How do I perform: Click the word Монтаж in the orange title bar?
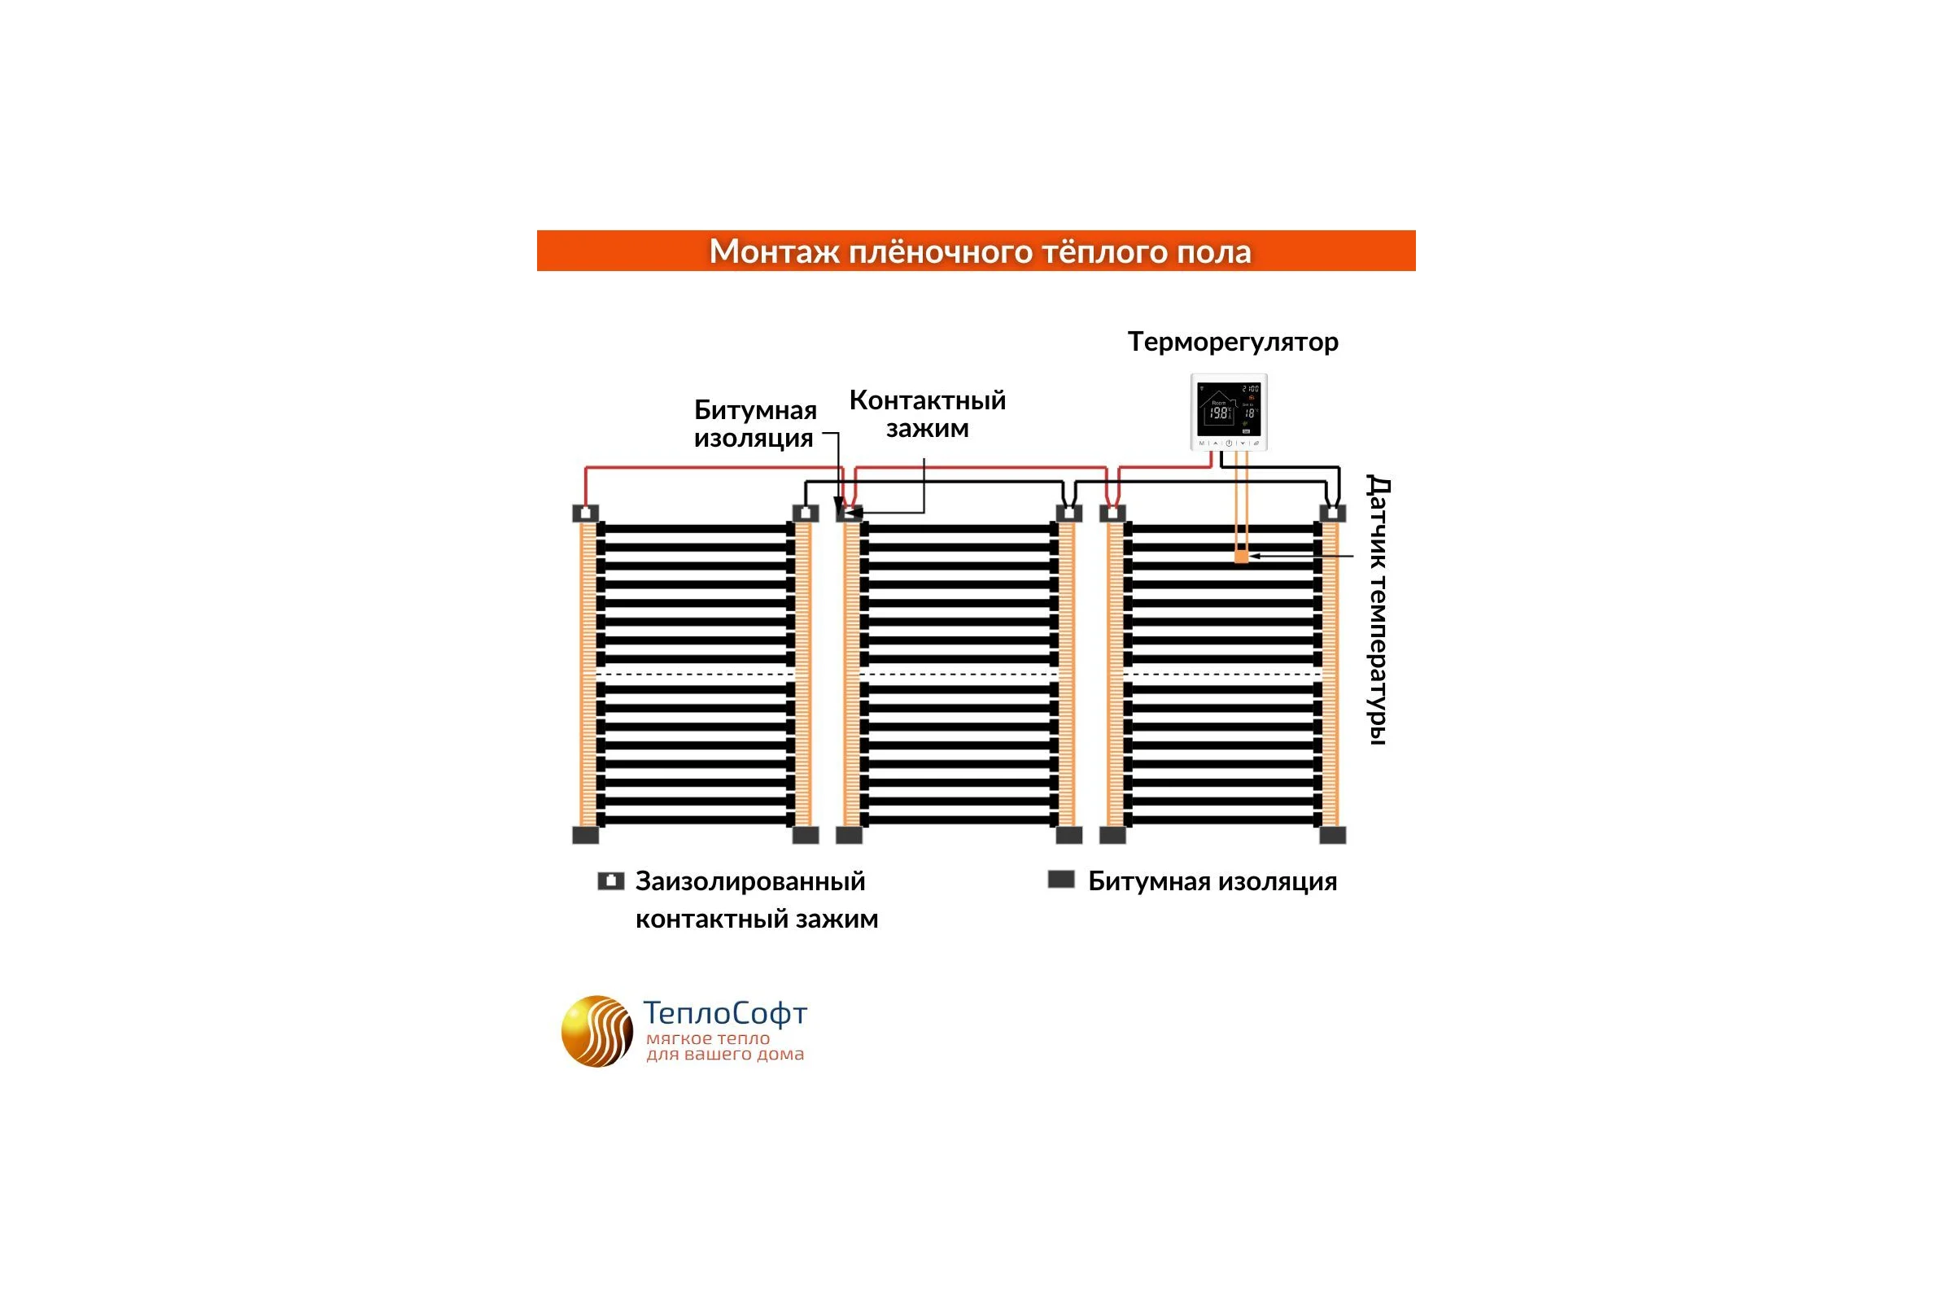point(774,251)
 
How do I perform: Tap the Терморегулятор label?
point(1233,342)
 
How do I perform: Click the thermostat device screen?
point(1229,409)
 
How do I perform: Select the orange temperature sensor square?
point(1242,557)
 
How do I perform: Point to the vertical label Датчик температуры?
point(1378,609)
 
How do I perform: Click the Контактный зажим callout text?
point(928,413)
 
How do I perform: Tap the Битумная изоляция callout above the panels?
point(756,423)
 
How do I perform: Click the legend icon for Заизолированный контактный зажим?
point(611,881)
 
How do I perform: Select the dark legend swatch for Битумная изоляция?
point(1061,880)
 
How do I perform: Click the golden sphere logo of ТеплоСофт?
point(597,1031)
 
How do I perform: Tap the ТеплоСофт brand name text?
point(725,1013)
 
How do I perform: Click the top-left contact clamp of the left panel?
point(585,513)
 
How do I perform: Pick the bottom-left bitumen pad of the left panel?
point(585,835)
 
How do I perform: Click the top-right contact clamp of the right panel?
point(1333,513)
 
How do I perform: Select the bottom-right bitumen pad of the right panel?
point(1333,835)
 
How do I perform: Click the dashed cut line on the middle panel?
point(959,675)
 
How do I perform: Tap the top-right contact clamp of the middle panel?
point(1068,513)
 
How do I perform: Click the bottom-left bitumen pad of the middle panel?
point(849,835)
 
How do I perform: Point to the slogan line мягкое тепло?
point(708,1039)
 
